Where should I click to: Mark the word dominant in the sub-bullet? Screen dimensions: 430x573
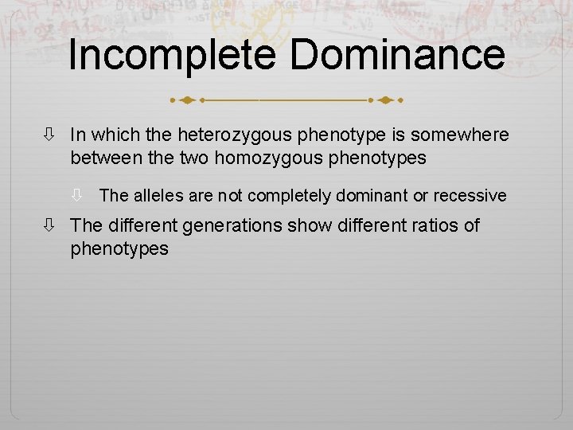click(368, 194)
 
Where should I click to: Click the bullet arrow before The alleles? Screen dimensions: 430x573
click(79, 195)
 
